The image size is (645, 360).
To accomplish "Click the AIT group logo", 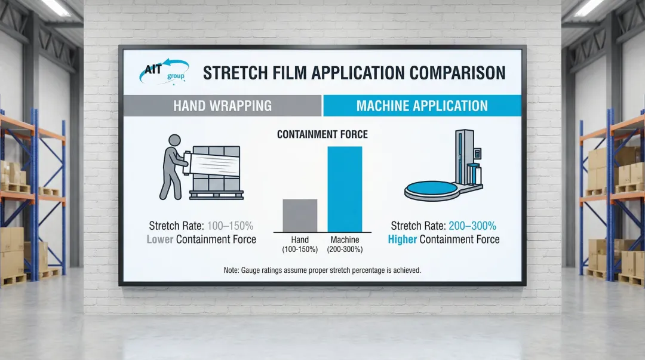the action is (164, 71).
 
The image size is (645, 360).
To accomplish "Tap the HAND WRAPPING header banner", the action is (222, 106).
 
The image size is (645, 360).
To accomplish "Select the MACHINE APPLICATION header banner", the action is (422, 106).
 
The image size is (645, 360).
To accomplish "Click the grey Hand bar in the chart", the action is (300, 216).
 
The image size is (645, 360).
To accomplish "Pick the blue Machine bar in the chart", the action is (345, 189).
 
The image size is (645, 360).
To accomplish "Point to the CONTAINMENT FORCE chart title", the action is (322, 134).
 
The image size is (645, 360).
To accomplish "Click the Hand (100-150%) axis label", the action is (300, 244).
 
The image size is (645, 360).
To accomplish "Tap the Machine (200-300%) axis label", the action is (345, 244).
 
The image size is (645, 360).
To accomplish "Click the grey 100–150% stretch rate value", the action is (230, 226).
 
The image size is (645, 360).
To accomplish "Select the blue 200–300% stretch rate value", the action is (472, 226).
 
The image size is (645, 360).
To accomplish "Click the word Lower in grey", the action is (159, 239).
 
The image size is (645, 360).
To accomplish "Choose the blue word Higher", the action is (403, 239).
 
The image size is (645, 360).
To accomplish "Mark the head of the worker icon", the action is (174, 140).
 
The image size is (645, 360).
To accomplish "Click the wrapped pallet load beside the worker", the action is (216, 173).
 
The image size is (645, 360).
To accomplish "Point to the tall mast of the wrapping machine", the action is (464, 156).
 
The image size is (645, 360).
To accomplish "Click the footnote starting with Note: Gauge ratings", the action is (322, 270).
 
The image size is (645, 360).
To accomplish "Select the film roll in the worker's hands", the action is (187, 164).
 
